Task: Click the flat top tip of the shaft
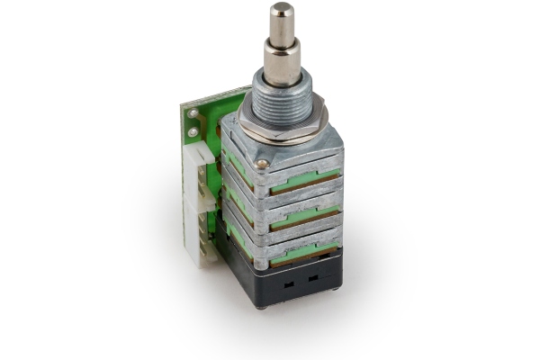pyautogui.click(x=282, y=9)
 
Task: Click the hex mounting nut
pyautogui.click(x=283, y=126)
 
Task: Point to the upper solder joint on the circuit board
pyautogui.click(x=193, y=114)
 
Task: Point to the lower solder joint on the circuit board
pyautogui.click(x=193, y=133)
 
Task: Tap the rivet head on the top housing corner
pyautogui.click(x=262, y=164)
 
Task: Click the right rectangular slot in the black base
pyautogui.click(x=313, y=276)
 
